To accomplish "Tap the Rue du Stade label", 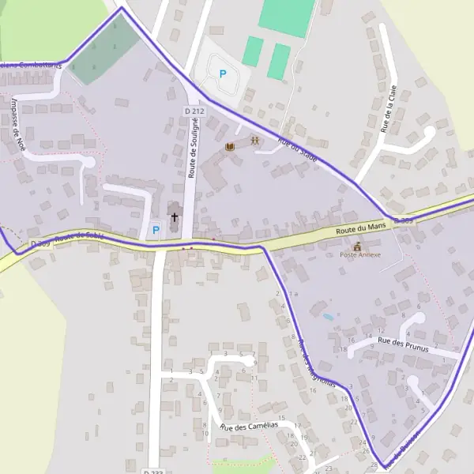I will pos(297,150).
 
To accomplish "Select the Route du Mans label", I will pos(360,228).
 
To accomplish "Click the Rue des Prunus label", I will pos(403,342).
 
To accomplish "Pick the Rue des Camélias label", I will pos(250,427).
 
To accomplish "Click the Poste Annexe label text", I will pos(360,255).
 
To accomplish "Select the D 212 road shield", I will pos(194,111).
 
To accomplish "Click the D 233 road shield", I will pos(155,472).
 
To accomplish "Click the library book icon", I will pos(231,148).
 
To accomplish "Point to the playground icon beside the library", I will pos(254,140).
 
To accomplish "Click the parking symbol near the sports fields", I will pos(223,74).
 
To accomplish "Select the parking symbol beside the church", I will pos(156,231).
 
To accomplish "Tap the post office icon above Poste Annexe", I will pos(357,246).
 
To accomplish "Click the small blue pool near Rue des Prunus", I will pos(328,317).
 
